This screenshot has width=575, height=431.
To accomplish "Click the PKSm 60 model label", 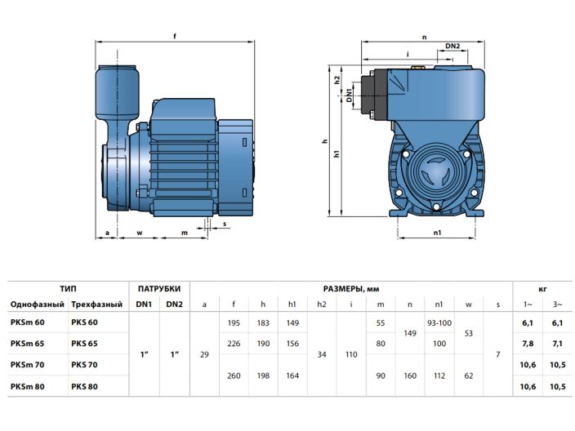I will tap(28, 323).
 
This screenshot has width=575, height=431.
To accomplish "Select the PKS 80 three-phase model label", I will tap(85, 385).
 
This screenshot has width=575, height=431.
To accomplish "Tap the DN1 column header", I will tap(144, 304).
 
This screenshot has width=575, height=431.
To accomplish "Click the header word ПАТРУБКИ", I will tap(158, 288).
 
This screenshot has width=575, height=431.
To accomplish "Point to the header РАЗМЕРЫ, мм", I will tap(350, 288).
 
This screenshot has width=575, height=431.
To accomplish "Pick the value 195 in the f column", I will tap(234, 323).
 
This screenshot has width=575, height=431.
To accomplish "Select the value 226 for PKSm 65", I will tap(234, 344).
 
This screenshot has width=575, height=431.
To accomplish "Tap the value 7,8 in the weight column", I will tap(527, 344).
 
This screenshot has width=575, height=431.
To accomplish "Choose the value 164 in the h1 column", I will tap(292, 375).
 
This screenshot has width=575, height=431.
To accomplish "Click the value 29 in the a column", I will tap(204, 353).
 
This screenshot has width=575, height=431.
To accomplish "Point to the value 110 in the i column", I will tap(351, 353).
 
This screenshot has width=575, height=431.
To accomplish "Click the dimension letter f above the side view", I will tap(175, 35).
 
